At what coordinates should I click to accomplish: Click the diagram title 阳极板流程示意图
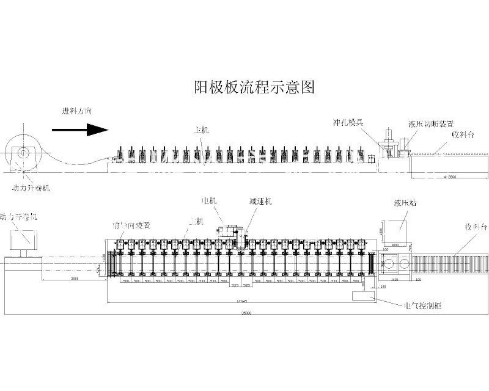(253, 88)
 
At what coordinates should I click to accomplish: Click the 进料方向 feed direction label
(77, 111)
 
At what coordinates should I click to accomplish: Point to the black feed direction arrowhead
(97, 130)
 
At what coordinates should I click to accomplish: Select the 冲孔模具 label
(348, 122)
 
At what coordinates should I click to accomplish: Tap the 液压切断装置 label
(431, 124)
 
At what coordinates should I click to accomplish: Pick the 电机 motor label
(210, 200)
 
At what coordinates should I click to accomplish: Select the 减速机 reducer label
(260, 200)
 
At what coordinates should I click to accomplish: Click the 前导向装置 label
(131, 225)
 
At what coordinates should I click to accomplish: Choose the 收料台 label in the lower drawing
(474, 227)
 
